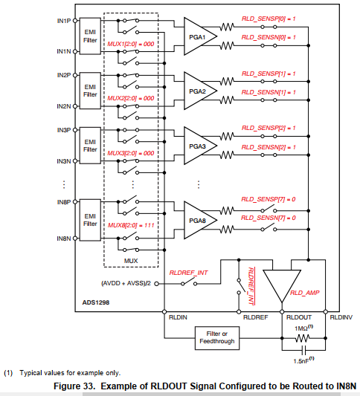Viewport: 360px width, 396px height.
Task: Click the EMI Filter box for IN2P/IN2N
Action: tap(90, 91)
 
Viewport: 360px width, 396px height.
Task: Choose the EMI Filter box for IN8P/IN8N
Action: tap(90, 219)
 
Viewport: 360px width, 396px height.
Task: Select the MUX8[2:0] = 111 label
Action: tap(131, 224)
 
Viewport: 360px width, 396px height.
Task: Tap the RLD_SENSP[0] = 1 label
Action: tap(269, 17)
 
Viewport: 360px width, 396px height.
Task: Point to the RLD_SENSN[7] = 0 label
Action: tap(269, 217)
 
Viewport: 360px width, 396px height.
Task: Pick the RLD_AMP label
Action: tap(304, 293)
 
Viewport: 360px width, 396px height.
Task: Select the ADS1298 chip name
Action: tap(95, 303)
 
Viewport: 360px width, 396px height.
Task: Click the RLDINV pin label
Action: tap(341, 317)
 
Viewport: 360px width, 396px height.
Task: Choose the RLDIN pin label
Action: tap(177, 317)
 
